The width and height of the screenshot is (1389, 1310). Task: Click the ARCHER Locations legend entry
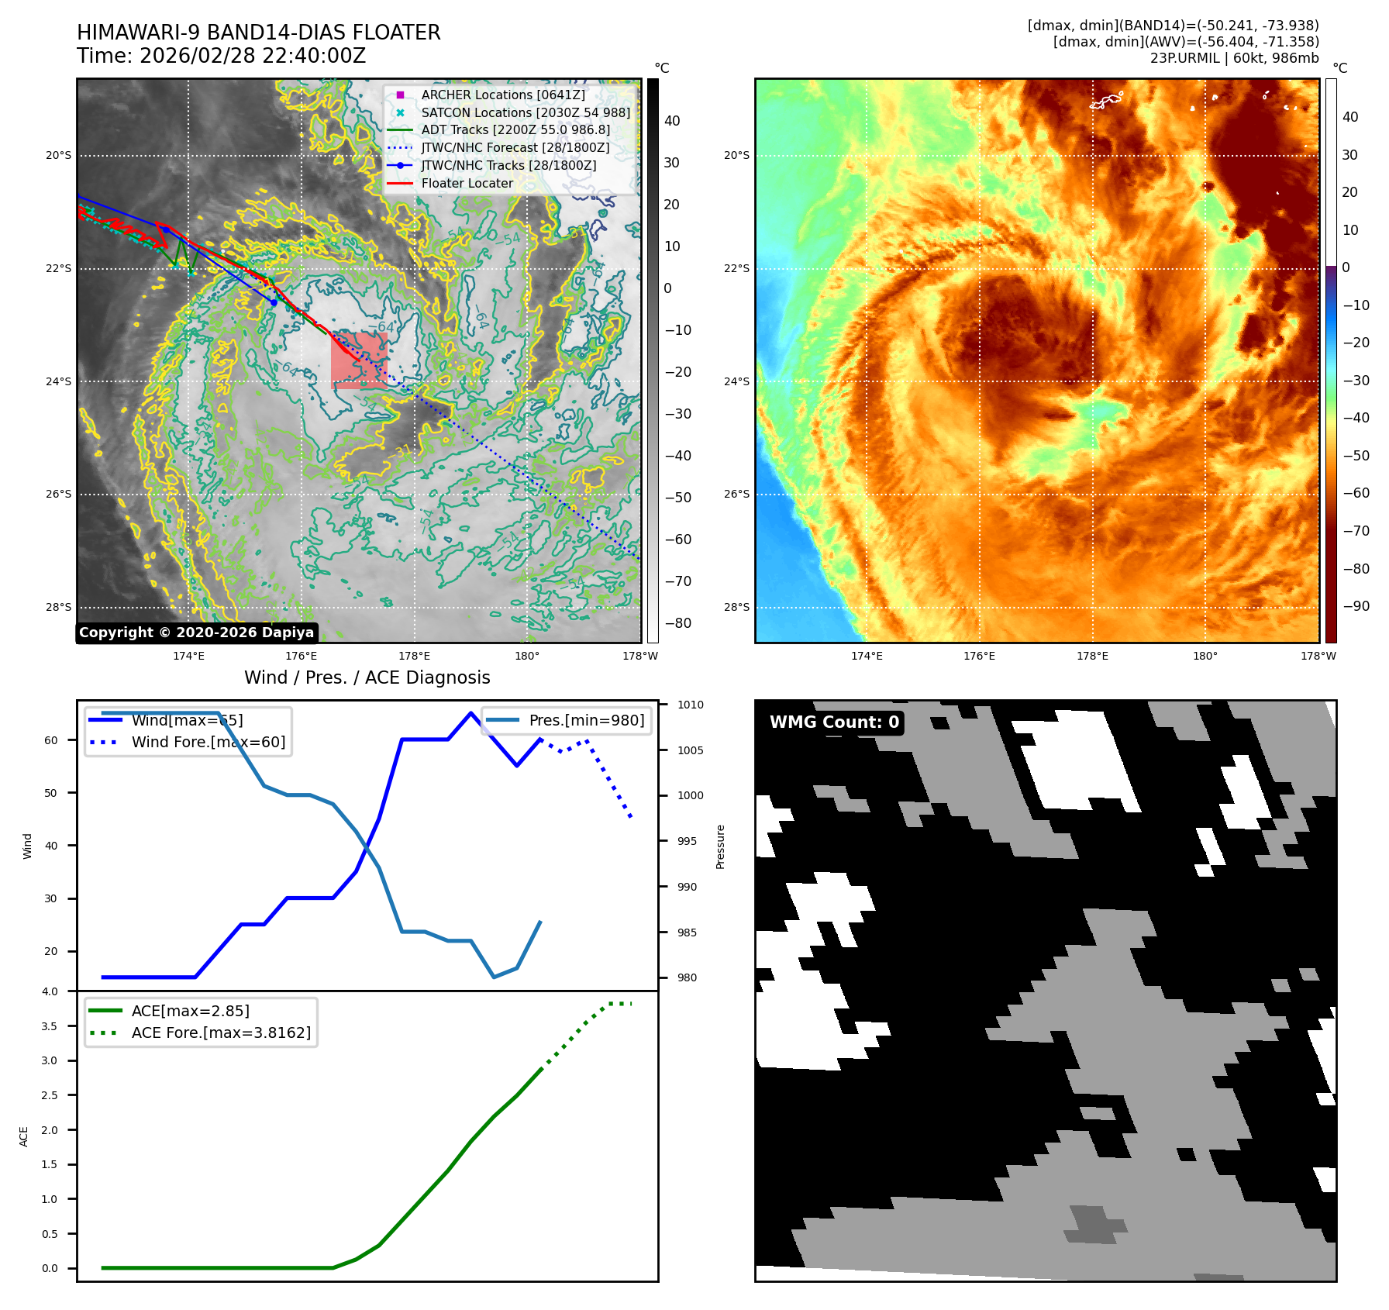503,95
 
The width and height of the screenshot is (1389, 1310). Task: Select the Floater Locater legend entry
467,183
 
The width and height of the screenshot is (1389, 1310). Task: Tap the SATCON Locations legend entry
526,112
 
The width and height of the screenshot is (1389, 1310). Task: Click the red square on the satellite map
359,360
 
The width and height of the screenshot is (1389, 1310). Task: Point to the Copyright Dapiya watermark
197,633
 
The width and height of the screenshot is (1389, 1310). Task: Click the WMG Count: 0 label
834,722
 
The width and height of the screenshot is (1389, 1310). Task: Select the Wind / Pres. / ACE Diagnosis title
367,677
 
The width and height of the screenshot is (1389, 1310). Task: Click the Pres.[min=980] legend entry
586,720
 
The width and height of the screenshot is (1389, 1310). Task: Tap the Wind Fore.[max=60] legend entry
208,742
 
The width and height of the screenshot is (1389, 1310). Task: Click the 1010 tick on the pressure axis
690,705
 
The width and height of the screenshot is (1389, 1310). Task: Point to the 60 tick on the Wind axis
51,740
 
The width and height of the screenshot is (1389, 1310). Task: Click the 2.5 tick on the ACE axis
50,1095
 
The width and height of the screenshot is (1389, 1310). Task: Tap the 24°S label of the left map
58,381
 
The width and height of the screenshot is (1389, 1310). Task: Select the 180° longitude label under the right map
1205,656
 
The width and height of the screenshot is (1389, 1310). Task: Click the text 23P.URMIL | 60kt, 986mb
1234,58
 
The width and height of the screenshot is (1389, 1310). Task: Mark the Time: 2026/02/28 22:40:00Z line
221,56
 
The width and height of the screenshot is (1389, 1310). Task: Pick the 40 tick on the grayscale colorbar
672,121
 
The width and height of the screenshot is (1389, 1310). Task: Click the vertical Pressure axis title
720,846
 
